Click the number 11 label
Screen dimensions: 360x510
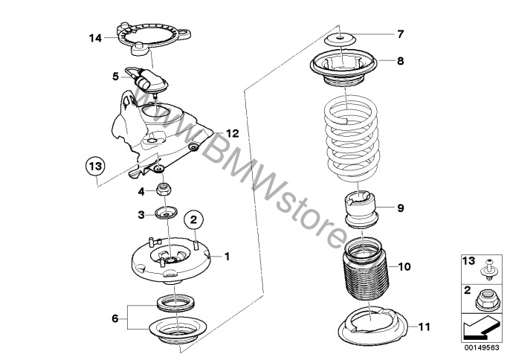(x=424, y=325)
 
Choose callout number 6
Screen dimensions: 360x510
(x=114, y=318)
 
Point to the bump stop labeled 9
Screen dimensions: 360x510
(x=361, y=209)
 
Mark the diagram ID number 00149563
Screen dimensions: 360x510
(x=481, y=346)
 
